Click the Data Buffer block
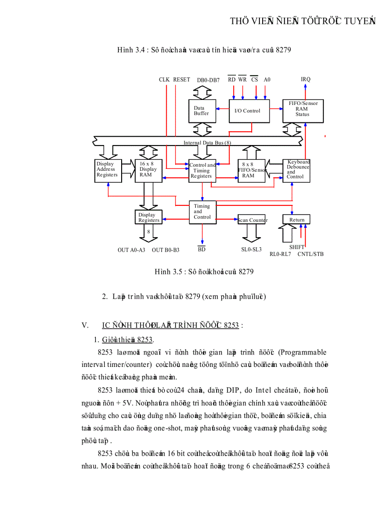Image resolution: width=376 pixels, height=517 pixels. tap(202, 110)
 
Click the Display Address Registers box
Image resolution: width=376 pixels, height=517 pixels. tap(108, 170)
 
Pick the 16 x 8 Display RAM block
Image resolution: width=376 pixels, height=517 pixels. tap(148, 170)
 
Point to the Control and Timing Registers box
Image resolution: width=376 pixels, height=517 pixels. tap(202, 170)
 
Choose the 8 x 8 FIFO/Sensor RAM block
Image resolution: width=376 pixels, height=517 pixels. tap(252, 170)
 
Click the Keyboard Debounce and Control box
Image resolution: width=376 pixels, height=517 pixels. tap(296, 169)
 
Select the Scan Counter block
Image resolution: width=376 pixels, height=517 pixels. tap(252, 220)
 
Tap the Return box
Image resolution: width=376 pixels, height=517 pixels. tap(296, 220)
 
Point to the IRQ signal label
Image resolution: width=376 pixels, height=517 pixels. tap(305, 79)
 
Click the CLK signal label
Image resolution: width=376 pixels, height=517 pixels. tap(164, 80)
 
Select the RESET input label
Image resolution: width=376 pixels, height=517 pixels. tap(182, 80)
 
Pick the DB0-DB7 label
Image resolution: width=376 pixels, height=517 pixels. tap(208, 80)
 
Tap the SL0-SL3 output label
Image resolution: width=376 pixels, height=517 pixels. tap(251, 250)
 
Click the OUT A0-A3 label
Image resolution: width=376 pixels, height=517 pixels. tap(131, 250)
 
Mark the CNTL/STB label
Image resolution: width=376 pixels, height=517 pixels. tap(310, 254)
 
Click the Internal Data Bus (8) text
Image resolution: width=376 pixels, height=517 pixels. tap(207, 143)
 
